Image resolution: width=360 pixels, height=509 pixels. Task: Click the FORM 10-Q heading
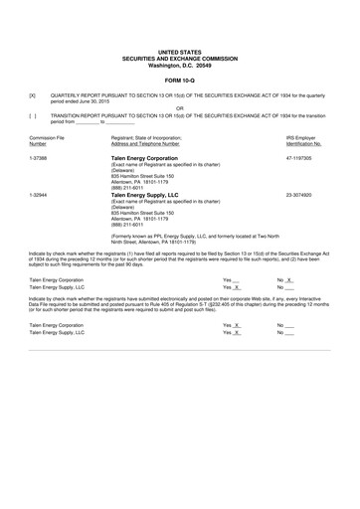(179, 81)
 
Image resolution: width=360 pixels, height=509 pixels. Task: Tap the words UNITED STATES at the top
(179, 48)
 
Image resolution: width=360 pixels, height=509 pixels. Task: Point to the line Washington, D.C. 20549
(179, 64)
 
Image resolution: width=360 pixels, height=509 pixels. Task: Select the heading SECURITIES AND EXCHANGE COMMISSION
(179, 56)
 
